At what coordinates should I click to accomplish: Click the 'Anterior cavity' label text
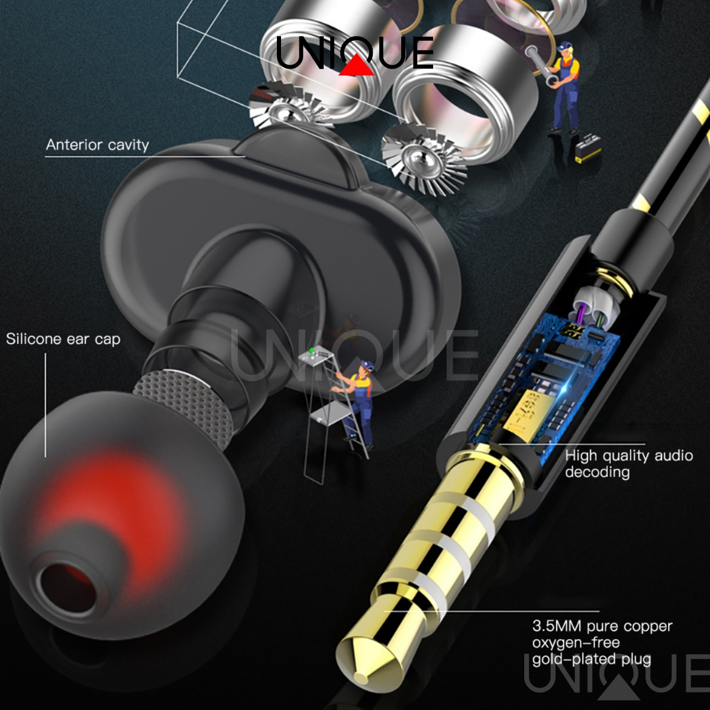[97, 145]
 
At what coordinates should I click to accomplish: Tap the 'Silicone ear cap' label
[63, 339]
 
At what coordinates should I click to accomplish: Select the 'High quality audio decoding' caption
[629, 463]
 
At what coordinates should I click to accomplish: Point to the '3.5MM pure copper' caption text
[602, 626]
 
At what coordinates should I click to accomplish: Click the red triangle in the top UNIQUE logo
[356, 66]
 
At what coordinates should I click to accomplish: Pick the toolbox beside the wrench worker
[588, 148]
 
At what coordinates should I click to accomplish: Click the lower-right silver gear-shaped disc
[424, 162]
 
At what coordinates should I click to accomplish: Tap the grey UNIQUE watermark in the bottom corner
[616, 678]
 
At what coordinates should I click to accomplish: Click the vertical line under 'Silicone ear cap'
[46, 405]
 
